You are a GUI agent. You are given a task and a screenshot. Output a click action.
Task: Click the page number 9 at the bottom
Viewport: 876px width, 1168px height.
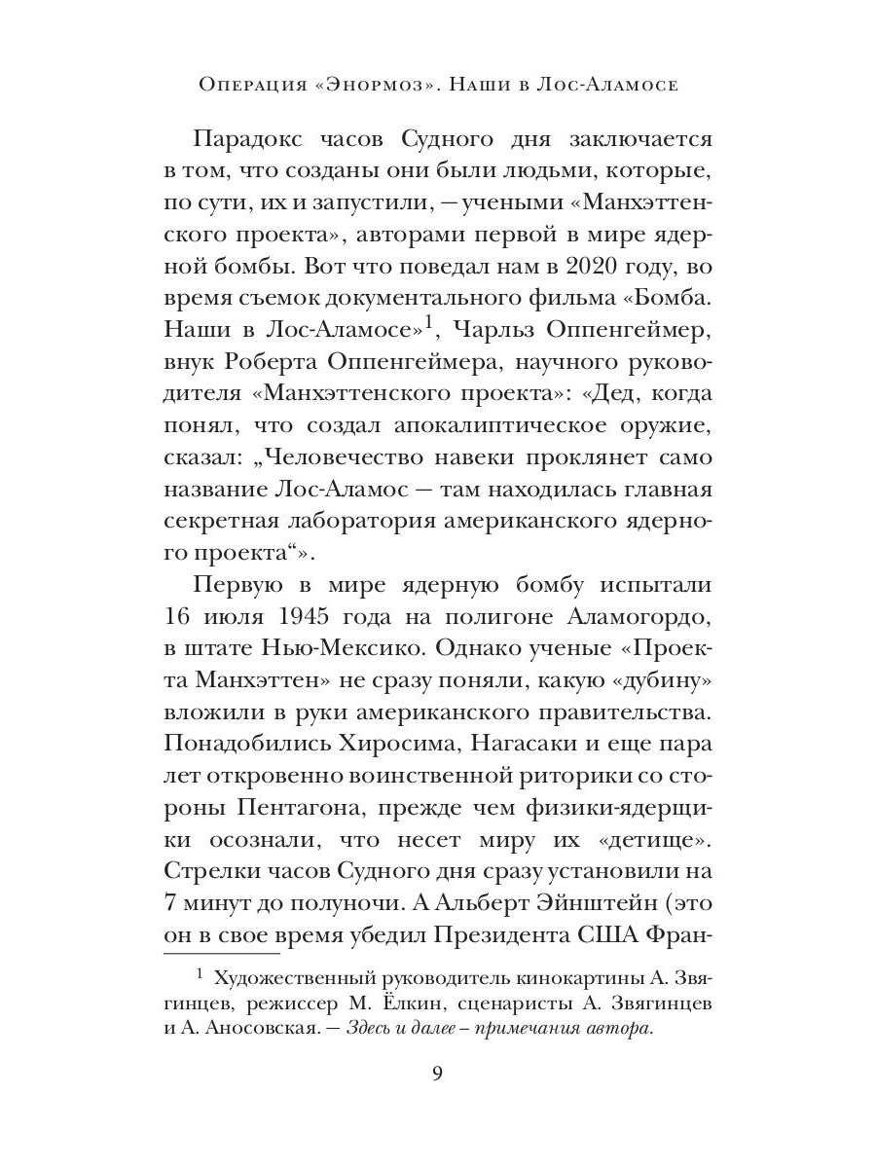point(437,1074)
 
